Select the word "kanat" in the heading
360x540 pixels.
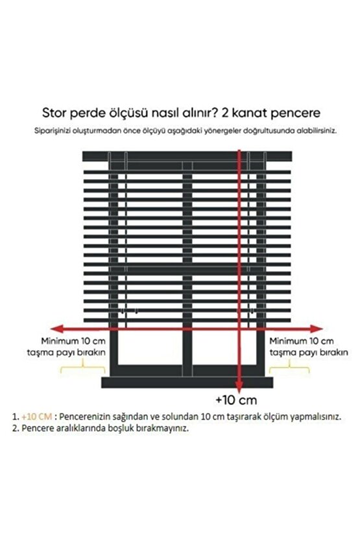pos(253,111)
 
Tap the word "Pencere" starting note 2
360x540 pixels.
pos(38,429)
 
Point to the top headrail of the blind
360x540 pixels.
pos(180,156)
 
